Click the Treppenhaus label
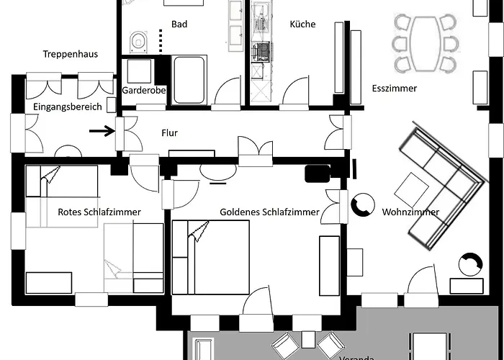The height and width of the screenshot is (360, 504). pos(71,54)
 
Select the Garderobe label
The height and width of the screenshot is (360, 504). pos(141,91)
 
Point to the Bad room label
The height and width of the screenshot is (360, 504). pos(179,24)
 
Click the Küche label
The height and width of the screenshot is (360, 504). pos(302,24)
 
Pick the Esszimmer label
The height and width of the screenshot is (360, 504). pos(395,89)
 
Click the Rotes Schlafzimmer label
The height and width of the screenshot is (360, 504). pos(99,212)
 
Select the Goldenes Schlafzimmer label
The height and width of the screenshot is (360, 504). pos(269,212)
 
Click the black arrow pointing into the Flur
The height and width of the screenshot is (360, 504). pos(105,131)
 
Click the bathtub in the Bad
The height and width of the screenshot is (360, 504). pos(189,79)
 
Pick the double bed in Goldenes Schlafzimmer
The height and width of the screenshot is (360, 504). pos(210,257)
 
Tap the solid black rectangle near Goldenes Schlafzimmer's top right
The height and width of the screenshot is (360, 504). pos(318,173)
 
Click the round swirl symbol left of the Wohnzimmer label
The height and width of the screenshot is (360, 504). pos(361,206)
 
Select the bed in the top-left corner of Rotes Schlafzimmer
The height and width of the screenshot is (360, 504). pos(61,180)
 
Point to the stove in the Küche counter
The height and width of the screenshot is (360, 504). pos(261,52)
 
